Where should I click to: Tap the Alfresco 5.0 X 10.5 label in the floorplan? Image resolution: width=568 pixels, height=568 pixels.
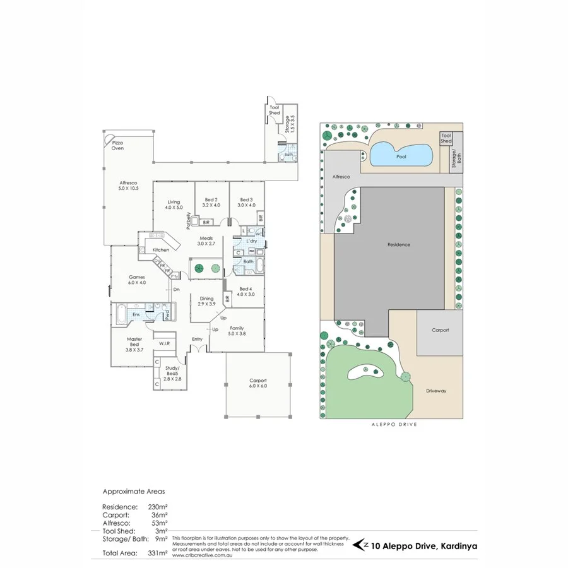point(128,186)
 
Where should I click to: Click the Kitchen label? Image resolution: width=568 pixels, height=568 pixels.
point(161,251)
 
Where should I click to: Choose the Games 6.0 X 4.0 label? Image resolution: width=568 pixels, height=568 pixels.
point(137,280)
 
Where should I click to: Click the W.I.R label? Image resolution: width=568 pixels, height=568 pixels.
point(163,343)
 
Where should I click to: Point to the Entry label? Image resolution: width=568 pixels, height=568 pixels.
point(198,340)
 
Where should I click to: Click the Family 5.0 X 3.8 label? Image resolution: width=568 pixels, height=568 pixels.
point(237,331)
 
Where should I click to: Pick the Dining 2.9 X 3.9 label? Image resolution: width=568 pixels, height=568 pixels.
point(207,301)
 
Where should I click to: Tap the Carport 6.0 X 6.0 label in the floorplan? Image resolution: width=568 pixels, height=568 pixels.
point(257,383)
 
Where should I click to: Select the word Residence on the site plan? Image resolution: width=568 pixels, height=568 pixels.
point(399,244)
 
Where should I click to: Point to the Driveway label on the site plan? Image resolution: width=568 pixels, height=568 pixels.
point(436,391)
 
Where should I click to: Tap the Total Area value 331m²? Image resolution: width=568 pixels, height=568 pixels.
point(158,553)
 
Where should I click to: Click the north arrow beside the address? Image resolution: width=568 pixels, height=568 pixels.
point(361,544)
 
